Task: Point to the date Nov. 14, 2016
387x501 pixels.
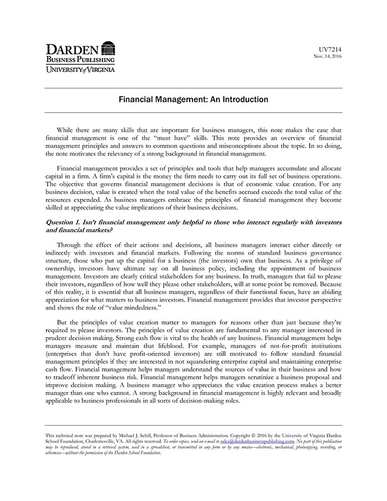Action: click(x=328, y=57)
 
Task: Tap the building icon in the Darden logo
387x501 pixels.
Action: click(x=108, y=49)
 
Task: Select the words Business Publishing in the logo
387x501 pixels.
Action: click(x=80, y=59)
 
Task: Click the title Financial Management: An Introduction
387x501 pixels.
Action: click(x=193, y=100)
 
